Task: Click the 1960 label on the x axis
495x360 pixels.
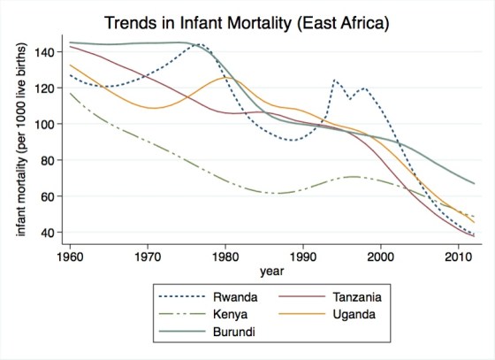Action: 70,254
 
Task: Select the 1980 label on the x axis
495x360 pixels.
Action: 225,254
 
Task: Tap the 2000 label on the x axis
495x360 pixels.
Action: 381,254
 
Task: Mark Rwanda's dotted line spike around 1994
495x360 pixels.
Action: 334,80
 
